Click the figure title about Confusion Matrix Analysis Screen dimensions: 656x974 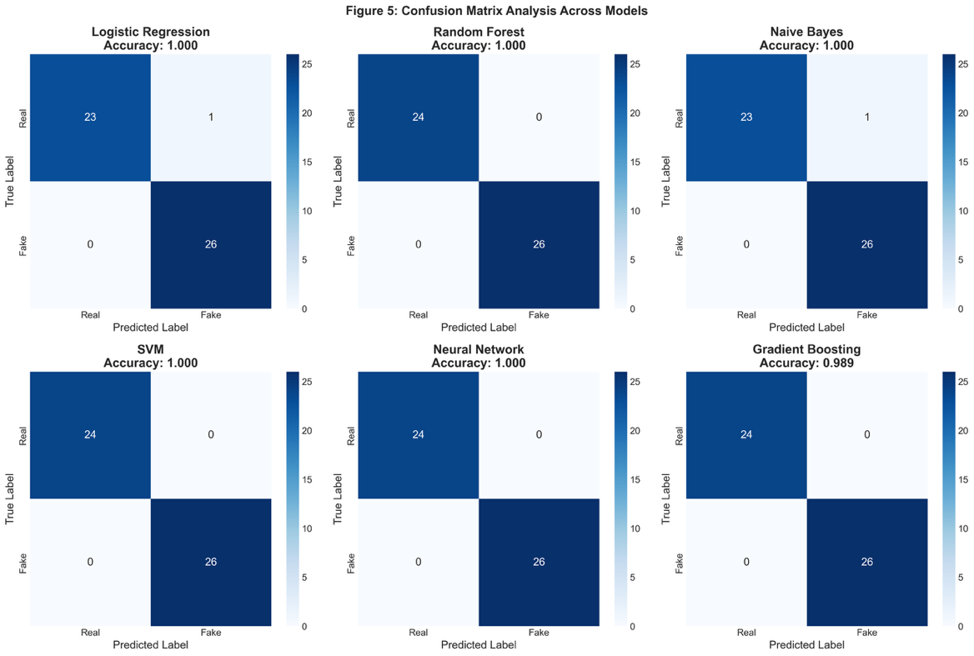486,11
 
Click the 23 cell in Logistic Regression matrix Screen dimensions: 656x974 90,118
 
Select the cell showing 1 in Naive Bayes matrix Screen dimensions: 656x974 866,118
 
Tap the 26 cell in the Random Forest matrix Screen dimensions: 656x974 539,244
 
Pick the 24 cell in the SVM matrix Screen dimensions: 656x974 90,434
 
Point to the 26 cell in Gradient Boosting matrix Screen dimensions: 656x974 866,562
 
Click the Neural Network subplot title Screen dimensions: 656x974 478,349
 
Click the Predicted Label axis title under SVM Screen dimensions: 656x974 150,645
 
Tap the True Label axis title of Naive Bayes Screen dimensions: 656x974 666,181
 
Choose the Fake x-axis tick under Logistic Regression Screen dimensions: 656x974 211,315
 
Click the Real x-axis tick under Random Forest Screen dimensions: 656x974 418,315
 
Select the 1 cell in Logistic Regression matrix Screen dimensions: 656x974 211,118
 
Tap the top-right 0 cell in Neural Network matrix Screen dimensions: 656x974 539,434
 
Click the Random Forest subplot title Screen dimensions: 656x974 478,33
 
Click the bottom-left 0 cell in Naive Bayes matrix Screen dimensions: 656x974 746,244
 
